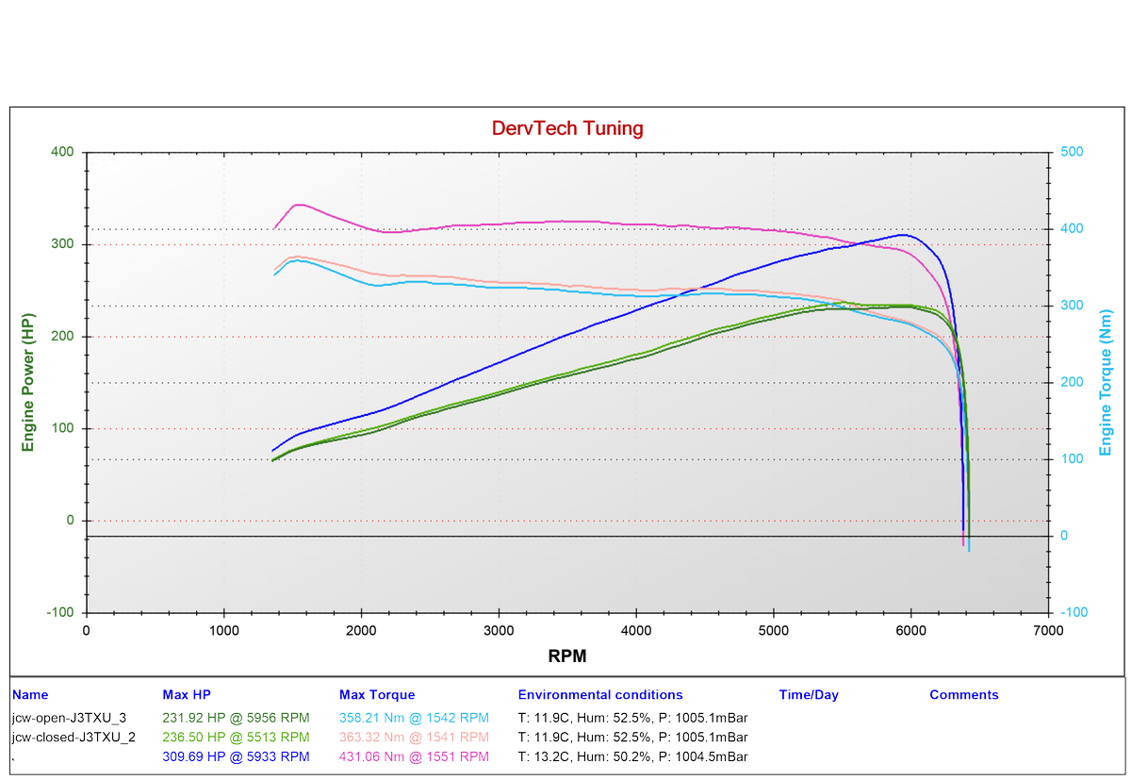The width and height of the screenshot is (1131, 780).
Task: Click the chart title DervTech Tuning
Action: pyautogui.click(x=567, y=128)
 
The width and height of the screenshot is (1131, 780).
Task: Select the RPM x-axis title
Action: pyautogui.click(x=567, y=655)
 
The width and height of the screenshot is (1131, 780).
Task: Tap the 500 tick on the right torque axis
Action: pyautogui.click(x=1074, y=152)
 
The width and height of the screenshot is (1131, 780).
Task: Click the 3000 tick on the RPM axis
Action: pyautogui.click(x=499, y=630)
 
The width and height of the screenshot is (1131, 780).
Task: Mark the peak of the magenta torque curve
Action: pyautogui.click(x=300, y=204)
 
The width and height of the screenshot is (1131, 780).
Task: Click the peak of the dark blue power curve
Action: pyautogui.click(x=903, y=234)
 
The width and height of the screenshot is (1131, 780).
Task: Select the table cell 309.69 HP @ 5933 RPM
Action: pyautogui.click(x=236, y=756)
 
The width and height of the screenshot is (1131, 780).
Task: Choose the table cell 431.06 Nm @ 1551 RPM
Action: pyautogui.click(x=414, y=756)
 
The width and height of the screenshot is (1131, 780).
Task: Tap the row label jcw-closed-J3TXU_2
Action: pyautogui.click(x=74, y=737)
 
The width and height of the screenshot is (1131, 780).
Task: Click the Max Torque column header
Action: pyautogui.click(x=376, y=695)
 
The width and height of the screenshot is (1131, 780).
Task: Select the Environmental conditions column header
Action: pyautogui.click(x=600, y=695)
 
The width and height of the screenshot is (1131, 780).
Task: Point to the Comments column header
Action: pyautogui.click(x=963, y=695)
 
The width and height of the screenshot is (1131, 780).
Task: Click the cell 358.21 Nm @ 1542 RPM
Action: pyautogui.click(x=414, y=717)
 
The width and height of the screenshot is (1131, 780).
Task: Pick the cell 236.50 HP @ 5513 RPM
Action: pyautogui.click(x=236, y=737)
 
